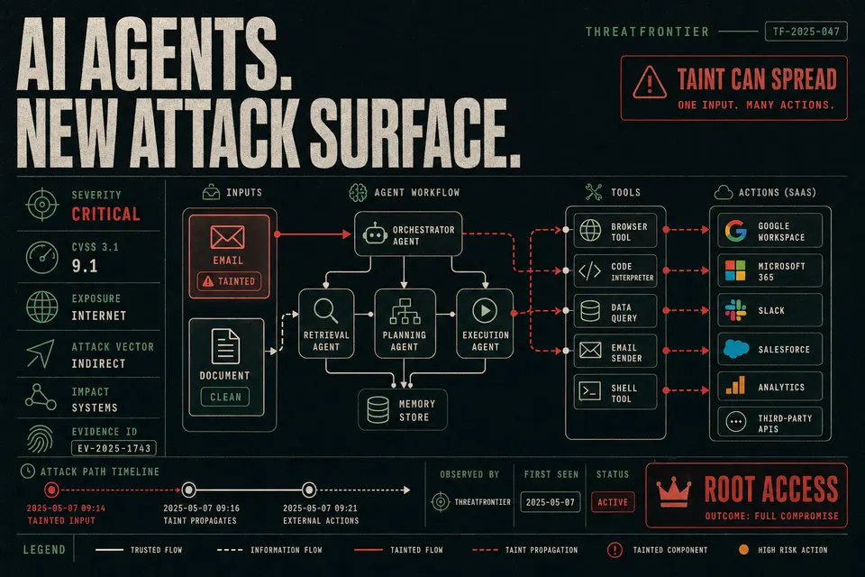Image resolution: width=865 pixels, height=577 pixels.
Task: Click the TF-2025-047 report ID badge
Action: [806, 32]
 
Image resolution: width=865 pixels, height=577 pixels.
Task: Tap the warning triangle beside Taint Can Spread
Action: [650, 83]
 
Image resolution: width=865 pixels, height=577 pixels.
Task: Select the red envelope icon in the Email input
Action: [227, 237]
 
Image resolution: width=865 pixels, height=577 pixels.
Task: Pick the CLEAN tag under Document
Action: [225, 397]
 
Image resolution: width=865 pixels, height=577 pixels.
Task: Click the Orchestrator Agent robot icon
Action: [375, 234]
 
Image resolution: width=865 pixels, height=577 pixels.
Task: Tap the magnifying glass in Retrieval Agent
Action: [325, 310]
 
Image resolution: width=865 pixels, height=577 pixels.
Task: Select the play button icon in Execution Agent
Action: [485, 310]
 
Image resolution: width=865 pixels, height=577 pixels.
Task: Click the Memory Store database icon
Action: [378, 409]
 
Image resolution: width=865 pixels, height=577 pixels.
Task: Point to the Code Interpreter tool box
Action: [615, 271]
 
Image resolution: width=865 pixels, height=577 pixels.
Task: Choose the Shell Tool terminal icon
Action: [589, 391]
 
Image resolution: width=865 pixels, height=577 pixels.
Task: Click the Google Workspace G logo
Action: [735, 231]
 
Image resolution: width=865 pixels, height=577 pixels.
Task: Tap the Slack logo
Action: [735, 310]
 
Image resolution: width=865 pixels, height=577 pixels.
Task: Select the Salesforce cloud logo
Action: [736, 349]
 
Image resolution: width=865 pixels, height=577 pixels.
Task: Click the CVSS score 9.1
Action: [85, 266]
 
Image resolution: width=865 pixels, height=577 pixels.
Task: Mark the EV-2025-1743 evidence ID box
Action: [114, 448]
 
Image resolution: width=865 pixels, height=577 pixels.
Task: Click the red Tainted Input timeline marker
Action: [51, 490]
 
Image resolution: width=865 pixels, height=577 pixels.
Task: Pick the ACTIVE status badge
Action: [613, 502]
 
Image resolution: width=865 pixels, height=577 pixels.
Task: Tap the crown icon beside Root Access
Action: [674, 491]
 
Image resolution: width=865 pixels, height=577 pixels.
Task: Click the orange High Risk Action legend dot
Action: [743, 549]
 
